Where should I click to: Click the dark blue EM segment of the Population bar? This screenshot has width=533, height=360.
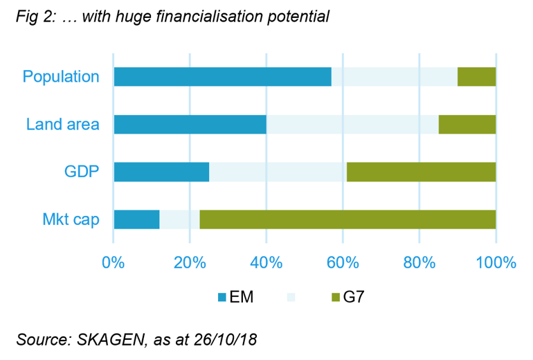pos(222,77)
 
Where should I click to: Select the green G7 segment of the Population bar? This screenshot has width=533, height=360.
pos(476,77)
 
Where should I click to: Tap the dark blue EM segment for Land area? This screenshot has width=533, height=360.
pos(190,125)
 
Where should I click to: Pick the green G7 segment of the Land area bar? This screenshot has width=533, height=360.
pos(467,125)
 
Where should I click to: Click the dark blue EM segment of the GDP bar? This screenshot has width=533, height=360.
pos(161,172)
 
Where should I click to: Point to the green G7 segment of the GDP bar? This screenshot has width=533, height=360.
pos(421,172)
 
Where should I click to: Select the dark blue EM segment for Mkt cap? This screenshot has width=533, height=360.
pos(136,219)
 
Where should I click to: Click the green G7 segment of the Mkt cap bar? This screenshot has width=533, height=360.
pos(347,219)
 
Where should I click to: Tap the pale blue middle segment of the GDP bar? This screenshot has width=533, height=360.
pos(278,172)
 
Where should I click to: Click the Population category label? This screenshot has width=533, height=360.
pos(61,77)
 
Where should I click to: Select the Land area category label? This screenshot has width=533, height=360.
pos(63,125)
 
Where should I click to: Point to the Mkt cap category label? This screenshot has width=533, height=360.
pos(70,219)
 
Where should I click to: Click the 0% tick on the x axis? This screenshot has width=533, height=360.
pos(113,263)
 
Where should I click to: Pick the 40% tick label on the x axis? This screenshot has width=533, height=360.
pos(266,263)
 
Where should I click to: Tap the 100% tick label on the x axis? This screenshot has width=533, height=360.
pos(496,263)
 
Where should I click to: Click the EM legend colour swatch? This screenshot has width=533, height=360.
pos(222,298)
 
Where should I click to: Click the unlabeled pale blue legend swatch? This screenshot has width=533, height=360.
pos(290,298)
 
